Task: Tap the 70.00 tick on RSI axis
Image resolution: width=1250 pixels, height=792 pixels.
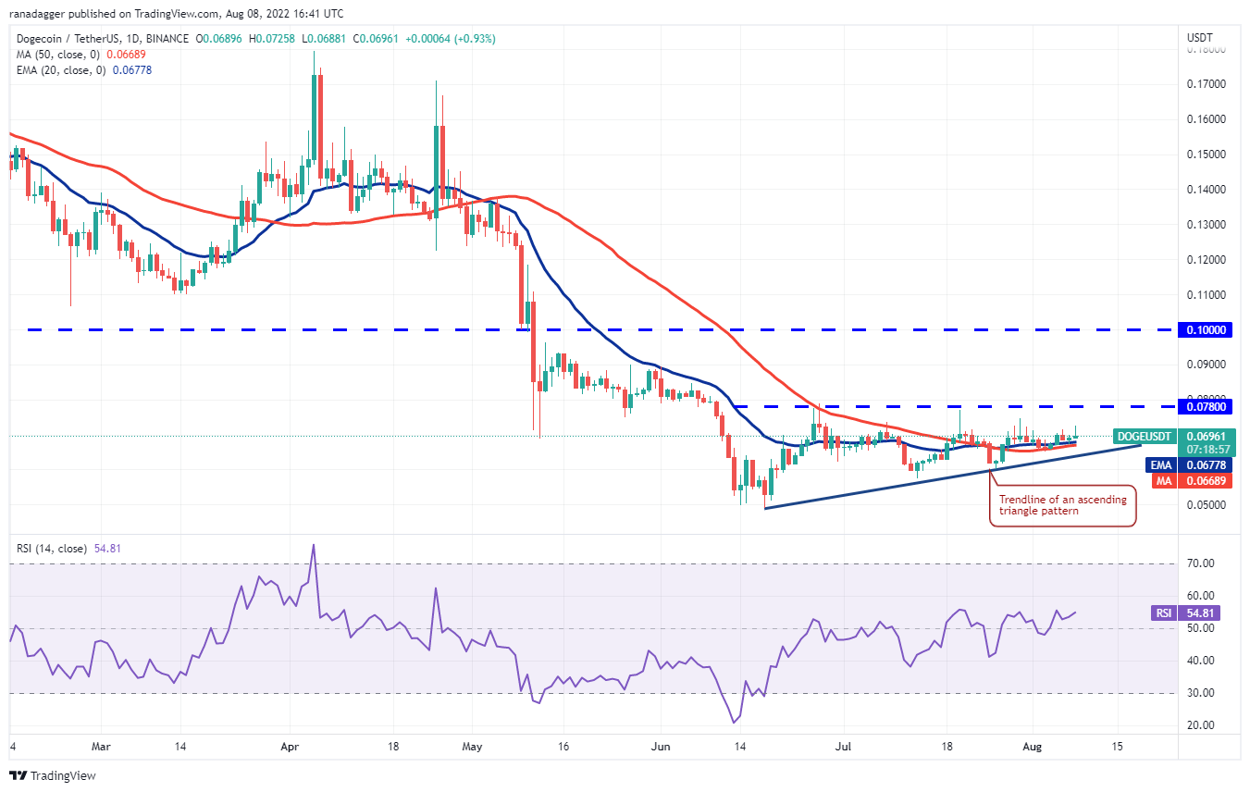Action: [1201, 563]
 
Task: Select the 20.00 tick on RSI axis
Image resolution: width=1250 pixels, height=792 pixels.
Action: [1201, 725]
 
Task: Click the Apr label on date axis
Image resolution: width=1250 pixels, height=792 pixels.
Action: [290, 745]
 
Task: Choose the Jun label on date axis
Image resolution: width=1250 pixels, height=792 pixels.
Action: [660, 745]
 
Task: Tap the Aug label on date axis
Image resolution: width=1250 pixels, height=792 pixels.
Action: [1033, 745]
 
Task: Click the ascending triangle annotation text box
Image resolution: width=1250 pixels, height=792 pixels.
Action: [1062, 505]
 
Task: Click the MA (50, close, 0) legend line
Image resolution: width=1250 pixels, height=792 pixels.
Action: [80, 54]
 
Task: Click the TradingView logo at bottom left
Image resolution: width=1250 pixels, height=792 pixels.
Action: [53, 775]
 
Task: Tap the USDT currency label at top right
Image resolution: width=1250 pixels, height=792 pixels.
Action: [1200, 38]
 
